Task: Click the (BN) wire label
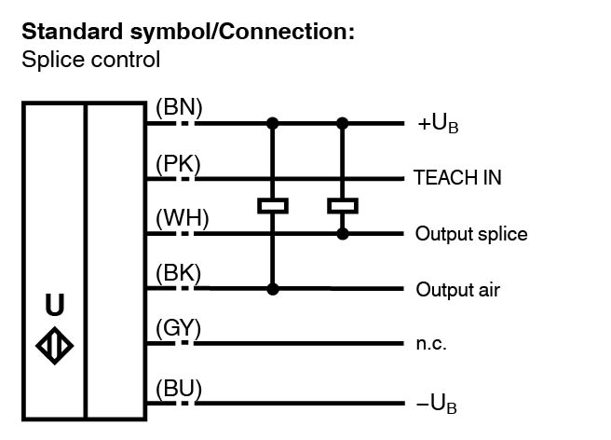(x=179, y=108)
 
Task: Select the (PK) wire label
(x=178, y=164)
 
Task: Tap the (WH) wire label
(x=182, y=219)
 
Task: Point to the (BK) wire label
(x=179, y=275)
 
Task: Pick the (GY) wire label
(x=179, y=329)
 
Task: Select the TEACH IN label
(x=457, y=178)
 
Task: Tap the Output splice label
(x=470, y=234)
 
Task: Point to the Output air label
(x=457, y=290)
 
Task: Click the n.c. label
(x=431, y=344)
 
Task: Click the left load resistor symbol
(x=272, y=205)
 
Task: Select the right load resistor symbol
(x=343, y=205)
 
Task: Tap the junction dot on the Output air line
(x=272, y=289)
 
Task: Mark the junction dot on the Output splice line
(x=343, y=233)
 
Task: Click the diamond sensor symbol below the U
(x=55, y=344)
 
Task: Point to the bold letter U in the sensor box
(x=55, y=305)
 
